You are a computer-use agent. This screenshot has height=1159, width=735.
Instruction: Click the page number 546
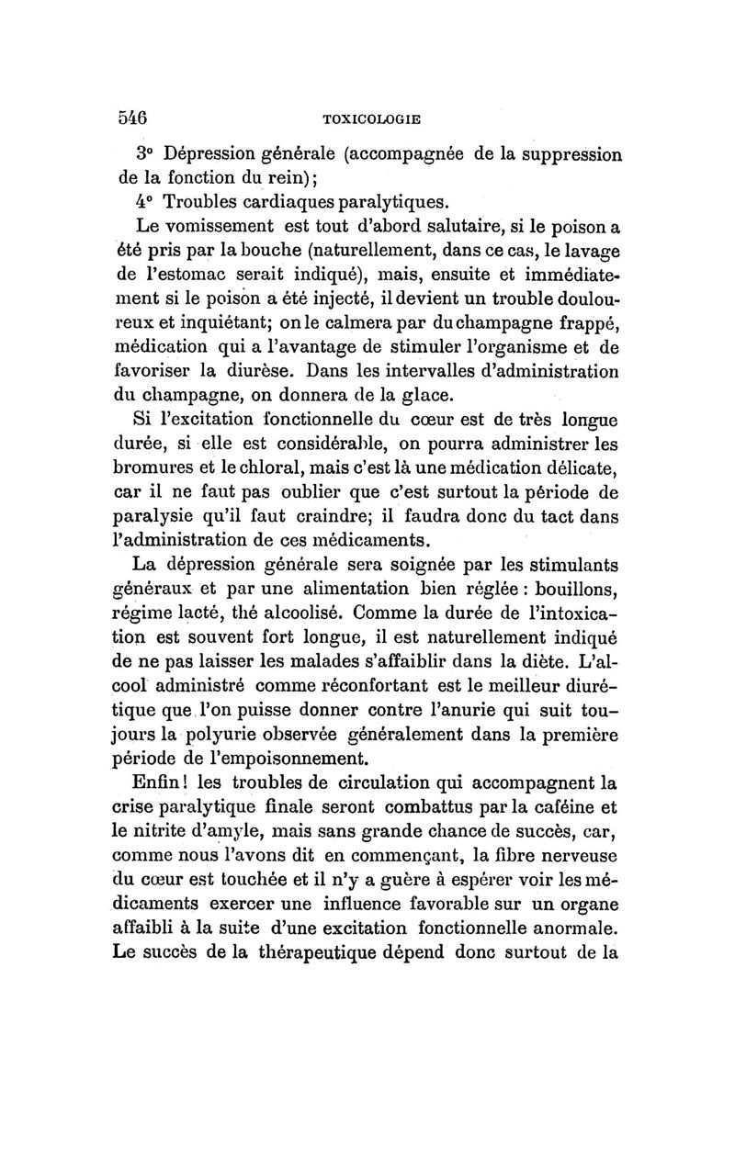pyautogui.click(x=134, y=116)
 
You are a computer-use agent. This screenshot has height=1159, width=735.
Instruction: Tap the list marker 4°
pyautogui.click(x=149, y=201)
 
